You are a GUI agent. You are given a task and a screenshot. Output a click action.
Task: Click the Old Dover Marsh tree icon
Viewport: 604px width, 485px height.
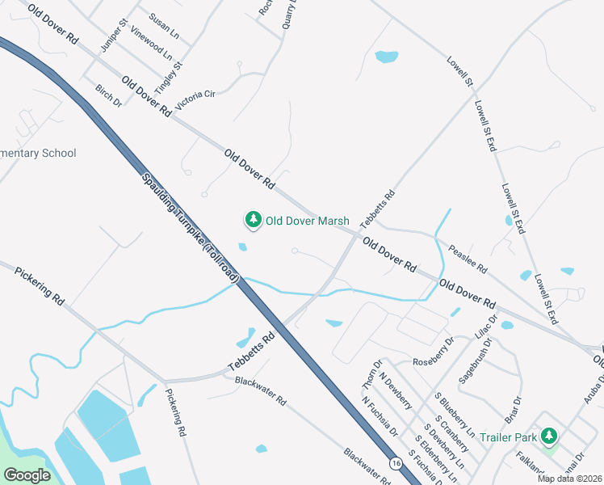pyautogui.click(x=254, y=220)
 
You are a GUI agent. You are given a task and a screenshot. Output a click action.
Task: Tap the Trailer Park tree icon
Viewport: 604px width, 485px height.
pyautogui.click(x=549, y=437)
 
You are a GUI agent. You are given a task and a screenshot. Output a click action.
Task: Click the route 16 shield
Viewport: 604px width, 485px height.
pyautogui.click(x=395, y=463)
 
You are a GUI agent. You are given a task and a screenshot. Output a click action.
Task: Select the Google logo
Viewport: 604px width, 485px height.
pyautogui.click(x=27, y=475)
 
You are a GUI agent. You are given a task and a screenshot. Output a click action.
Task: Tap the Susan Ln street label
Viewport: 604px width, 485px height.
pyautogui.click(x=164, y=23)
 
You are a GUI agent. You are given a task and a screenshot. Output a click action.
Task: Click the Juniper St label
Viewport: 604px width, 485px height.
pyautogui.click(x=109, y=36)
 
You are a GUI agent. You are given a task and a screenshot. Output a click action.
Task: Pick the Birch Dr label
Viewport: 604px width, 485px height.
pyautogui.click(x=107, y=96)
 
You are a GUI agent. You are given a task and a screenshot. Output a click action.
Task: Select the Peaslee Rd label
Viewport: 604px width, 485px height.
pyautogui.click(x=468, y=258)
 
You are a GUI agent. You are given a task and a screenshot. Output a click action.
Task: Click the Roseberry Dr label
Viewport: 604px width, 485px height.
pyautogui.click(x=434, y=361)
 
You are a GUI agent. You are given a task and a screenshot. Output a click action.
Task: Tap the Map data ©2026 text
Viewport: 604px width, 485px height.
pyautogui.click(x=570, y=479)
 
